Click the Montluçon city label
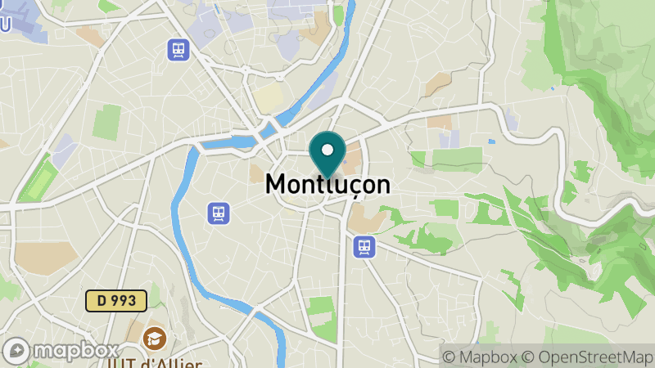point(327,185)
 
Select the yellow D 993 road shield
point(116,300)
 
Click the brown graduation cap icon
point(153,337)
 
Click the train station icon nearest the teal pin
point(364,245)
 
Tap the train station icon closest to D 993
point(219,213)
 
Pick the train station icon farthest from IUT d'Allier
point(178,50)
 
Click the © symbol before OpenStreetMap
point(529,357)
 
